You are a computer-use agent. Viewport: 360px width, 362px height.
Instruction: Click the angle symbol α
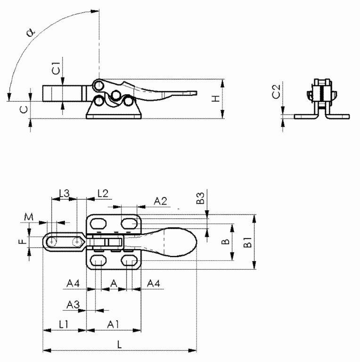pos(31,32)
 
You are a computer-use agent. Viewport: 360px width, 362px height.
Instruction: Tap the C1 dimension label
pos(57,68)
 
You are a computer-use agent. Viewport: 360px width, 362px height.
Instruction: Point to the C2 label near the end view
pos(276,91)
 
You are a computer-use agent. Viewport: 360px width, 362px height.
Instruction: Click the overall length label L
pos(119,345)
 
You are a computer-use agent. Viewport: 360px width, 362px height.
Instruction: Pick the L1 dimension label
pos(64,325)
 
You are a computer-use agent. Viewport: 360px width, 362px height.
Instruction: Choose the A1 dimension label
pos(113,325)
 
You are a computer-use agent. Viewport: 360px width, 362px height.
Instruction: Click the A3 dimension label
pos(73,305)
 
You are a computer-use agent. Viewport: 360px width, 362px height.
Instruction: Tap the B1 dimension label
pos(247,242)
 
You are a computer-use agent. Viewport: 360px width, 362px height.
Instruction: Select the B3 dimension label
pos(200,198)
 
